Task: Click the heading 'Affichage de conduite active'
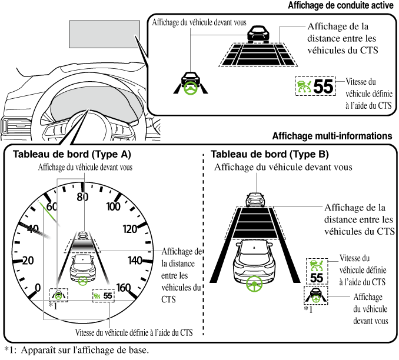coord(340,6)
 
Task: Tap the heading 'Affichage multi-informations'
coord(332,136)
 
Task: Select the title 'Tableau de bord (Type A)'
coord(68,155)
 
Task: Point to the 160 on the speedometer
coord(124,288)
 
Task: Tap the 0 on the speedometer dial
coord(38,288)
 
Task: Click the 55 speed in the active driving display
coord(323,87)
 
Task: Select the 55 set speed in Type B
coord(317,278)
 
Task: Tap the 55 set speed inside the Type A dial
coord(107,295)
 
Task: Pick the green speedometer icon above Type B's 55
coord(317,265)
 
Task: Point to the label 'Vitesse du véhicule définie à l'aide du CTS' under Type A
coord(134,333)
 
